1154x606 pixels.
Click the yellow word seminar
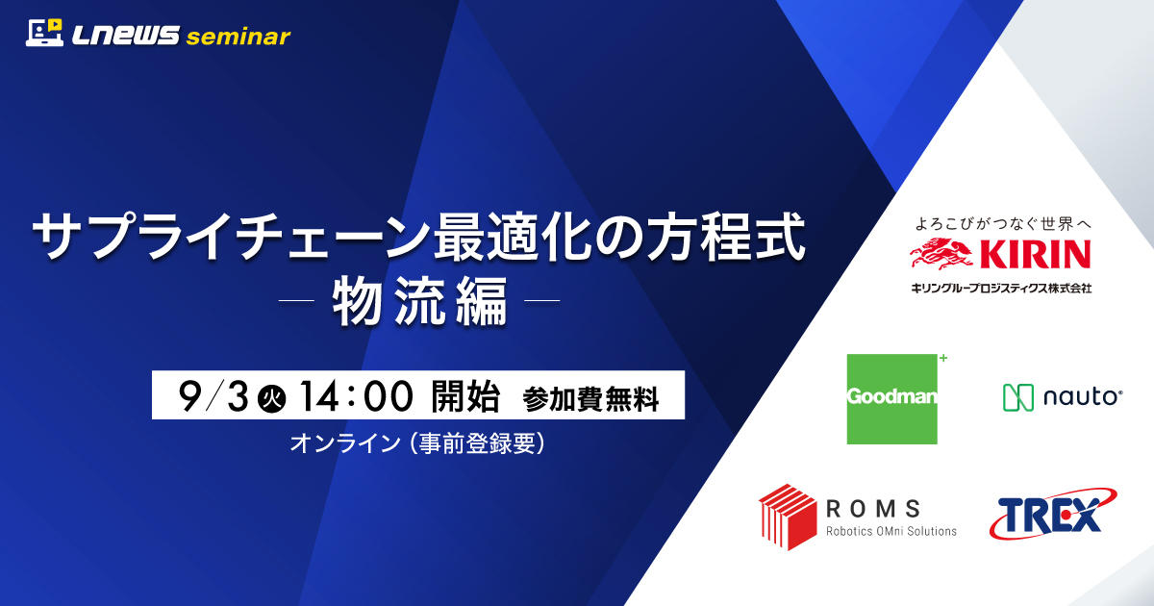click(238, 37)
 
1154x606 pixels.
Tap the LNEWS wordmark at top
click(126, 36)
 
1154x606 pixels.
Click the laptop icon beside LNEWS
click(44, 33)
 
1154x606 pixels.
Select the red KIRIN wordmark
click(1035, 254)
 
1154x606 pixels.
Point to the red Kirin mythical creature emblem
click(941, 254)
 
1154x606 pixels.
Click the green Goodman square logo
click(892, 399)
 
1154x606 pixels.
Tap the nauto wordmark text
click(1083, 396)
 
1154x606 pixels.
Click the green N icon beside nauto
click(1018, 397)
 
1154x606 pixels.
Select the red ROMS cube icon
click(788, 517)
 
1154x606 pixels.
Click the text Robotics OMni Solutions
click(891, 531)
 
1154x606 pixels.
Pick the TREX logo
click(1052, 514)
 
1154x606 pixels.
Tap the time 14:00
click(356, 396)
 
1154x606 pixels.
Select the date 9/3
click(213, 396)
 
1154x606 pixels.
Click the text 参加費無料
click(590, 399)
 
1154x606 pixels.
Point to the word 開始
click(465, 396)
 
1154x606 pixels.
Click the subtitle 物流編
click(420, 301)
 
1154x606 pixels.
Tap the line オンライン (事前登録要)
click(417, 443)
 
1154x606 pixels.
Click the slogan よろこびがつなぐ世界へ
click(1002, 224)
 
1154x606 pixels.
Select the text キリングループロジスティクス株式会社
click(1001, 288)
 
